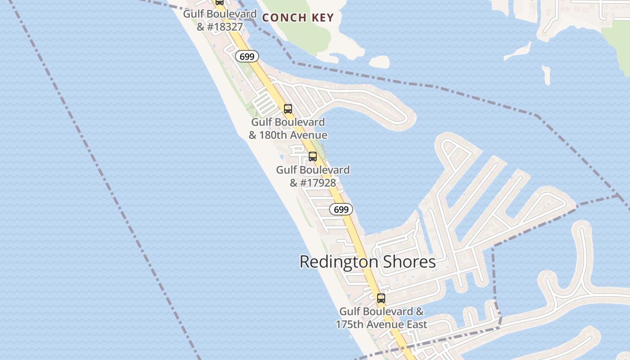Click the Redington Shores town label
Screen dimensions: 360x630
[368, 262]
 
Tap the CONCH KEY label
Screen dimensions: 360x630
[298, 18]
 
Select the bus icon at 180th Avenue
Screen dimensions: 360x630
[288, 109]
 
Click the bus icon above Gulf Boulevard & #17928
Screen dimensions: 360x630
[312, 157]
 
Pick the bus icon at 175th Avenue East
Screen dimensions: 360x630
[381, 298]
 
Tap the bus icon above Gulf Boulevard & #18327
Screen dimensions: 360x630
[219, 2]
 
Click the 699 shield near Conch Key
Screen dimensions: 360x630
[247, 57]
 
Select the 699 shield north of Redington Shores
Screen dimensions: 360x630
[341, 209]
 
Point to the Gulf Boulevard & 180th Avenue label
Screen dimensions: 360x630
[288, 129]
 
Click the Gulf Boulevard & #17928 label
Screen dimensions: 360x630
[313, 176]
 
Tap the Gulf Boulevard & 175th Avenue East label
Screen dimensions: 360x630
[382, 318]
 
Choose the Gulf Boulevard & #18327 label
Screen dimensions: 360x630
[220, 20]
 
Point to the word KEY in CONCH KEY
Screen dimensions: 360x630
[322, 18]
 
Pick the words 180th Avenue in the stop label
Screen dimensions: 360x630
[293, 135]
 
